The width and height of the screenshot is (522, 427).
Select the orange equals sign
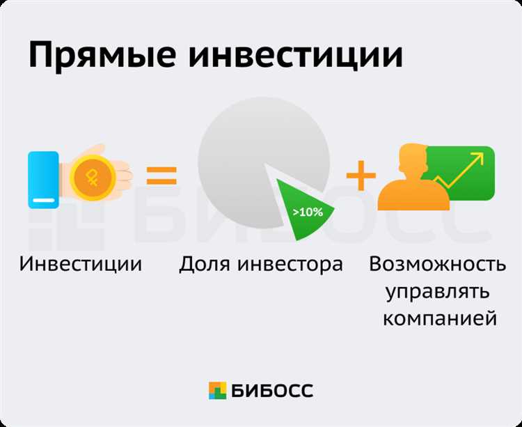pyautogui.click(x=161, y=175)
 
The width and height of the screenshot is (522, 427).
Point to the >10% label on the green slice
pyautogui.click(x=307, y=212)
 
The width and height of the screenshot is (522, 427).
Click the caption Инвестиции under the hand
pyautogui.click(x=81, y=265)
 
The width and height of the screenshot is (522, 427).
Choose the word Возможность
pyautogui.click(x=438, y=265)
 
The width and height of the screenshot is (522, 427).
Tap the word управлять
pyautogui.click(x=438, y=291)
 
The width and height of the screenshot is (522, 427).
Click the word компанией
pyautogui.click(x=438, y=318)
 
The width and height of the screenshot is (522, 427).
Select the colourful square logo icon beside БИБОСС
pyautogui.click(x=218, y=391)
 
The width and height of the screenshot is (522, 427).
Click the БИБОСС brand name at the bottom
pyautogui.click(x=273, y=390)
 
